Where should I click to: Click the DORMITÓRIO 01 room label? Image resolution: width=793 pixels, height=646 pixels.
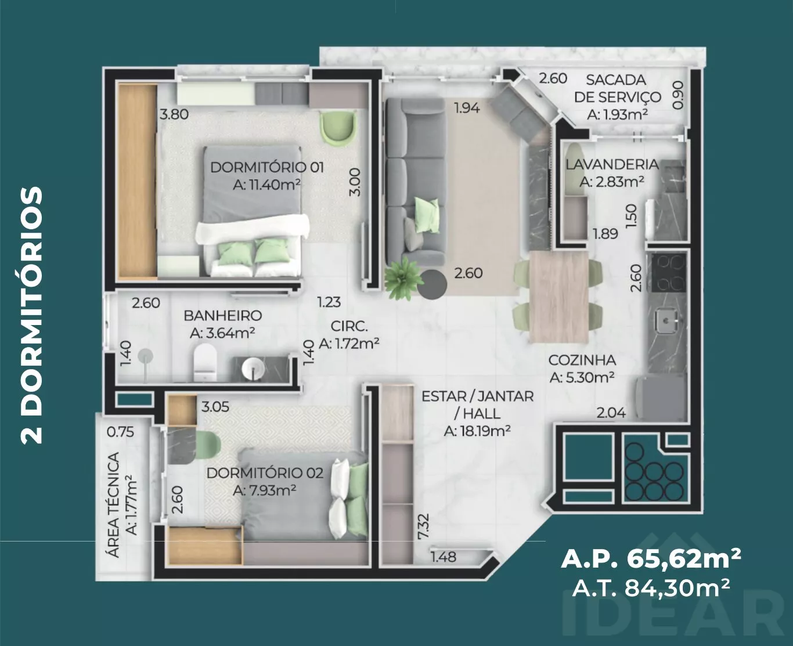[267, 168]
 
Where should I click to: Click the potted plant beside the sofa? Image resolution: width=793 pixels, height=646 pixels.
[403, 279]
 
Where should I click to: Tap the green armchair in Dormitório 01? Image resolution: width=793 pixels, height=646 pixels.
[337, 128]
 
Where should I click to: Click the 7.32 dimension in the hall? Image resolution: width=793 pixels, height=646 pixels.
[424, 526]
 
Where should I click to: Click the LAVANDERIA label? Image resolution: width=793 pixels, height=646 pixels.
[612, 164]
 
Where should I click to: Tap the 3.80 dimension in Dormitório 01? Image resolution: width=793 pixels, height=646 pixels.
[174, 114]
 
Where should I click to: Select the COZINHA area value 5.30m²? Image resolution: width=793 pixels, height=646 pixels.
[582, 378]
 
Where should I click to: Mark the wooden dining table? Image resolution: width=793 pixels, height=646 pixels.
[558, 297]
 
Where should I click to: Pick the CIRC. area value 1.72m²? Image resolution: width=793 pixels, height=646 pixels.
[349, 343]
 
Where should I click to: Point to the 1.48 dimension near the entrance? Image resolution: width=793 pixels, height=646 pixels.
[444, 557]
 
